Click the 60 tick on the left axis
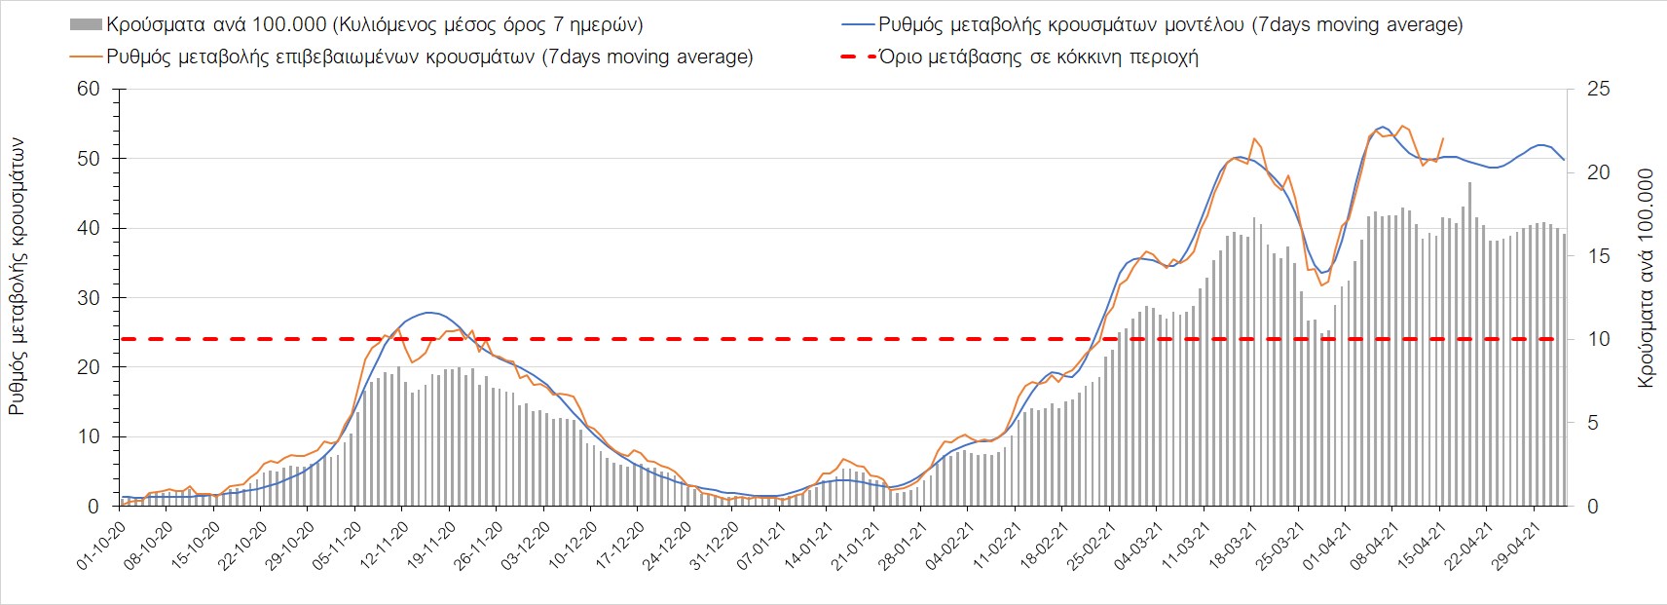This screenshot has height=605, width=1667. pos(89,90)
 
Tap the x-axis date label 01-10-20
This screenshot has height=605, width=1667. pos(102,546)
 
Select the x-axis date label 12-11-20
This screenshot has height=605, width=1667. pos(386,546)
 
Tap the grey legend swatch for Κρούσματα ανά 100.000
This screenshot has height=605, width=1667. pos(87,24)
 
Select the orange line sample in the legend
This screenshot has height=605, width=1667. pos(87,57)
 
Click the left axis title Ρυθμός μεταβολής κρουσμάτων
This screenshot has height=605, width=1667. pos(17,277)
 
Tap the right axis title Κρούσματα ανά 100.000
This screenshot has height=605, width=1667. pos(1647,279)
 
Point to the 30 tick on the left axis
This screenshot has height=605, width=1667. pos(89,298)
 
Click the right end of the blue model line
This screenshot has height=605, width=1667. pos(1564,160)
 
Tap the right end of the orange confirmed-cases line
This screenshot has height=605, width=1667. pos(1443,138)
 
